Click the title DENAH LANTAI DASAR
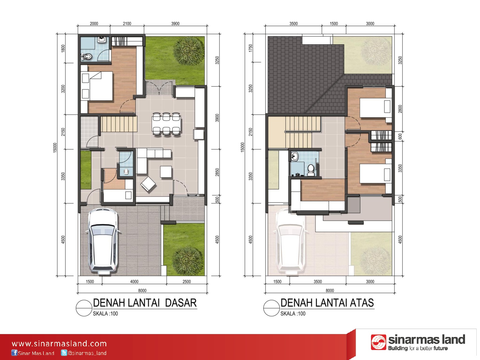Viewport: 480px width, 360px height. (x=145, y=303)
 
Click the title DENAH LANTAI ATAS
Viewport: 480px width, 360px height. (x=327, y=303)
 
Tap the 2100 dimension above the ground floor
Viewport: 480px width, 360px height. (x=127, y=23)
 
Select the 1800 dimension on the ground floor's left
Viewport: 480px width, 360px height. (x=63, y=48)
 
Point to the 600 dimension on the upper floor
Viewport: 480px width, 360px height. (x=400, y=136)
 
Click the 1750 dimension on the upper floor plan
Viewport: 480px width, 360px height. (x=250, y=48)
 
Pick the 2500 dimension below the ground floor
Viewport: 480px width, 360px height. (x=187, y=282)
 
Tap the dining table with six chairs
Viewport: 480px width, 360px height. (x=166, y=124)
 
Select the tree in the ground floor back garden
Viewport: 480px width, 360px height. (x=189, y=51)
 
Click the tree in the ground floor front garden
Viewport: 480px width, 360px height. (x=186, y=261)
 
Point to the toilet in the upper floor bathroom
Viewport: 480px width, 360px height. (x=311, y=170)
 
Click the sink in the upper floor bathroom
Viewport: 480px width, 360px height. (x=294, y=156)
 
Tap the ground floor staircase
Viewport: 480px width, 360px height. (x=119, y=124)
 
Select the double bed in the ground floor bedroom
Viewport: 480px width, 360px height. (x=97, y=86)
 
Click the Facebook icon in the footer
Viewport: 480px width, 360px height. (x=14, y=353)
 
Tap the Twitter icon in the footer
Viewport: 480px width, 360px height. (x=64, y=353)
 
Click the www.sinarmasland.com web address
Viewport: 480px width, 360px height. (x=59, y=344)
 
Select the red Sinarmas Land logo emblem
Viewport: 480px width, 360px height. (x=378, y=342)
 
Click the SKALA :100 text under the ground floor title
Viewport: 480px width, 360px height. (x=105, y=313)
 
